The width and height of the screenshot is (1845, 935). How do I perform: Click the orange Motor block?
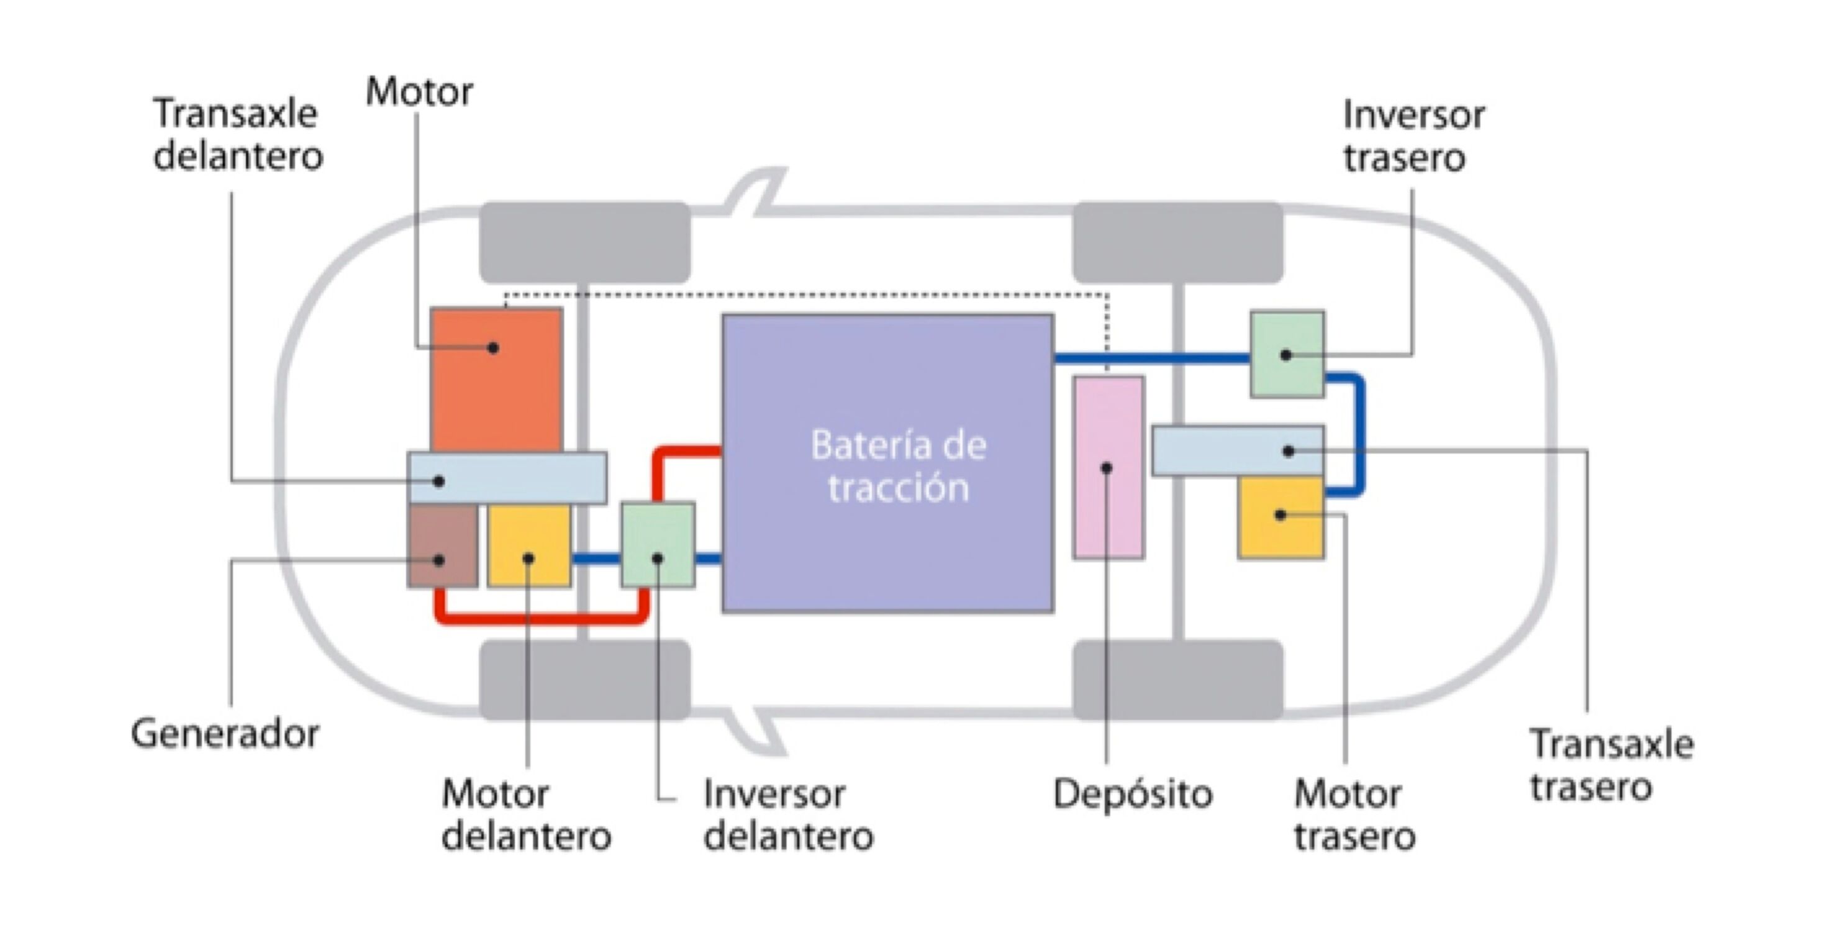tap(496, 380)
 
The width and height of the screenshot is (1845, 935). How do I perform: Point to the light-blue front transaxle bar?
tap(506, 478)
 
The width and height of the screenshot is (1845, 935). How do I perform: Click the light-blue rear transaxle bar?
tap(1237, 450)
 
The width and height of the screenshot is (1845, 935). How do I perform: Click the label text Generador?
tap(225, 734)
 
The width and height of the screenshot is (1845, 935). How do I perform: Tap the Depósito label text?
tap(1132, 794)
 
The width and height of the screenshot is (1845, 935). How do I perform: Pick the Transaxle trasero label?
tap(1612, 765)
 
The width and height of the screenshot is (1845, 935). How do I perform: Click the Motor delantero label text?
tap(526, 815)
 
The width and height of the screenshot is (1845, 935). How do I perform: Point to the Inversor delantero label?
tap(788, 815)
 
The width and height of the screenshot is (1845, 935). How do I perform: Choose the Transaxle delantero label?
tap(238, 135)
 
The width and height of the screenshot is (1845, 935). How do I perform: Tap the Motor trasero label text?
tap(1354, 815)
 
